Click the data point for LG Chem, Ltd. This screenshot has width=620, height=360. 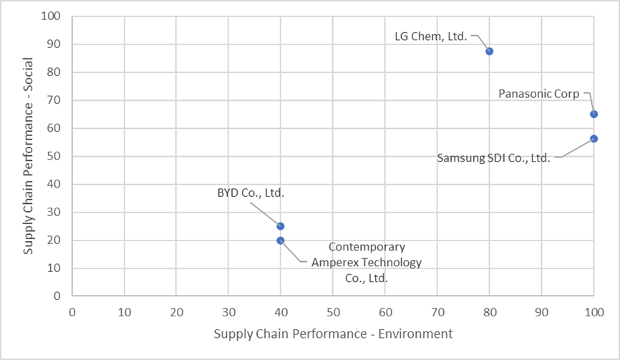point(489,51)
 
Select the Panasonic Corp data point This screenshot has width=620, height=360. point(594,114)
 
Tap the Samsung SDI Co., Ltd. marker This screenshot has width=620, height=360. point(594,138)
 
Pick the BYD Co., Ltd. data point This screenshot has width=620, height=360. point(281,226)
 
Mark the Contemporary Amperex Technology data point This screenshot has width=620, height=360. point(281,240)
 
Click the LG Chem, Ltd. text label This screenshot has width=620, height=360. point(431,35)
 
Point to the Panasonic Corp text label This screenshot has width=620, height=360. point(539,93)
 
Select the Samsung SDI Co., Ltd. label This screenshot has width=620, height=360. point(493,157)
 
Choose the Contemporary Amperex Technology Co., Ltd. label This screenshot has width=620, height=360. point(366,263)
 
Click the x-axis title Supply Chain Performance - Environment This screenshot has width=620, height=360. point(333,334)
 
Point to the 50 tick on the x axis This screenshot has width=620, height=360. point(333,312)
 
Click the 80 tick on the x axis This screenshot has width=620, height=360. point(489,312)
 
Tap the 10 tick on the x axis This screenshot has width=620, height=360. point(125,312)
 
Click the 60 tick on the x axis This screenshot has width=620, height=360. point(385,312)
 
